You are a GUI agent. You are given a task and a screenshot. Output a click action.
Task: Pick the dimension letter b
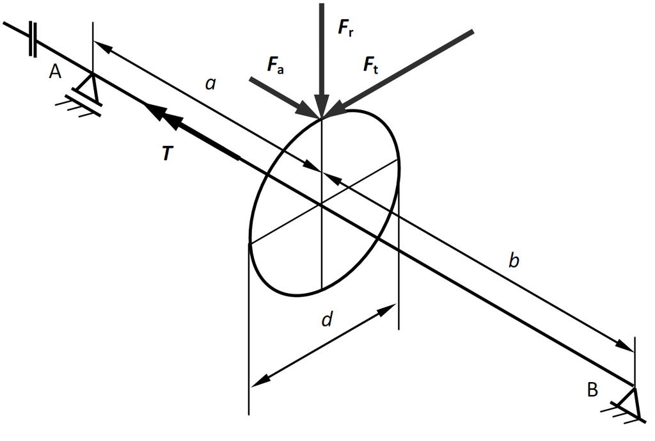tap(514, 261)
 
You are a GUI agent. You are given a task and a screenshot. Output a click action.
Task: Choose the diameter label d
tap(327, 320)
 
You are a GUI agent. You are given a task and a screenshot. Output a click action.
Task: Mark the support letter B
tap(592, 388)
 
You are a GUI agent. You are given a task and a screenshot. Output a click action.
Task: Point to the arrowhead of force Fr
tap(322, 107)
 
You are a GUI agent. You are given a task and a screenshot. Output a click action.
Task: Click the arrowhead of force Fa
tap(306, 109)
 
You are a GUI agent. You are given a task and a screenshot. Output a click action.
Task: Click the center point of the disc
tap(321, 205)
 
